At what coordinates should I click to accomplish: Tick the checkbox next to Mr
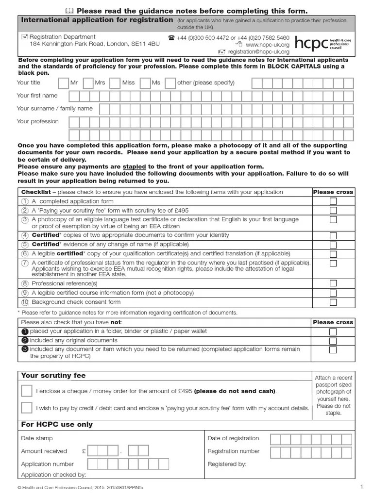(x=63, y=83)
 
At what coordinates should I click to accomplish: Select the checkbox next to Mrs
(x=88, y=83)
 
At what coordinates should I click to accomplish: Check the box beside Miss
(x=115, y=83)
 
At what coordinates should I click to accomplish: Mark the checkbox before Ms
(x=145, y=83)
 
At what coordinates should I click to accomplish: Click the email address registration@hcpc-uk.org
(x=258, y=52)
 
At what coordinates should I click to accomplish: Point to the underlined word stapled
(x=134, y=166)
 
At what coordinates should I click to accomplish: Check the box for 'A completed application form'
(x=333, y=201)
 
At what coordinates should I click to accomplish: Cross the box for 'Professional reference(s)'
(x=333, y=283)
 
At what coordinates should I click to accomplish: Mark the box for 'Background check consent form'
(x=333, y=302)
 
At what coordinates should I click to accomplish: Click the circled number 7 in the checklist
(x=25, y=263)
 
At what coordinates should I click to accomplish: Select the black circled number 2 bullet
(x=25, y=340)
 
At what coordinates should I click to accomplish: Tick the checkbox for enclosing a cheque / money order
(x=27, y=391)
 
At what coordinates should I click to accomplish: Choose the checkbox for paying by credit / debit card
(x=27, y=408)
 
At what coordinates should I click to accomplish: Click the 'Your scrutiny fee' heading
(x=53, y=376)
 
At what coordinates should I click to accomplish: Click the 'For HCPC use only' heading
(x=57, y=425)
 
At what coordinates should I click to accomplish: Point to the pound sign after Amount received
(x=84, y=451)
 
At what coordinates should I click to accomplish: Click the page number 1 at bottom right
(x=361, y=487)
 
